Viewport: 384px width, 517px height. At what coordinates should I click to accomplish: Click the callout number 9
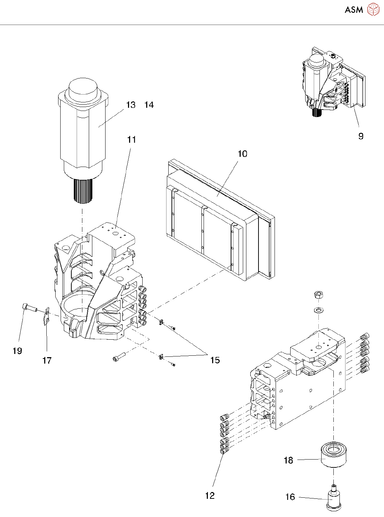tap(361, 136)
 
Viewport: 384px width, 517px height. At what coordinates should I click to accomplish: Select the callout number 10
tap(242, 154)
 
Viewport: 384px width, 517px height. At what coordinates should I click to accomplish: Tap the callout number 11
tap(132, 140)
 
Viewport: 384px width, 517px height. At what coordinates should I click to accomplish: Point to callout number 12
tap(210, 496)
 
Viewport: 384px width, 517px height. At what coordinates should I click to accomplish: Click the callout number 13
tap(131, 105)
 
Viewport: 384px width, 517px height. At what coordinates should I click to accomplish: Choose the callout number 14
tap(149, 105)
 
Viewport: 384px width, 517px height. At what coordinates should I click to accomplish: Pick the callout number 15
tap(215, 360)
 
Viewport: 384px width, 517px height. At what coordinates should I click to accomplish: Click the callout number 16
tap(290, 497)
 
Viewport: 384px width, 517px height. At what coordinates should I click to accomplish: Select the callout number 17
tap(47, 361)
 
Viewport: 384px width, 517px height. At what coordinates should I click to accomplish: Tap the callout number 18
tap(288, 460)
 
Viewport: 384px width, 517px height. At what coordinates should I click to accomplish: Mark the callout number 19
tap(17, 351)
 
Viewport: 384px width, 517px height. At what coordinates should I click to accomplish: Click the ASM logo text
tap(354, 10)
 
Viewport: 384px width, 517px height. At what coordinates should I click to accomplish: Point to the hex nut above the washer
tap(318, 295)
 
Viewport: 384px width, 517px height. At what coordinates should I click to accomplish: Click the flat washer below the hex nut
tap(318, 309)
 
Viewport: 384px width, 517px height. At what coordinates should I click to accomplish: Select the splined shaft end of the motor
tap(83, 191)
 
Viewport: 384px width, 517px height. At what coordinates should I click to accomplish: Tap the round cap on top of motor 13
tap(83, 89)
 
